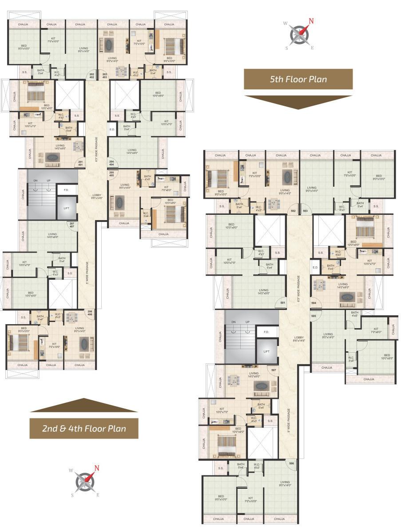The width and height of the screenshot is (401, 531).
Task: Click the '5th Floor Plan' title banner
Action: tap(298, 80)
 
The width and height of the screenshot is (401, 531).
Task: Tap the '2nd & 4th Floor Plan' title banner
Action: tap(84, 429)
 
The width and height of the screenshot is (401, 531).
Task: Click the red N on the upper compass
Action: tap(311, 21)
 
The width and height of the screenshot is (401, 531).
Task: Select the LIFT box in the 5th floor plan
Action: tap(266, 351)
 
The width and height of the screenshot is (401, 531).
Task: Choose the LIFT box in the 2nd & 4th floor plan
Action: tap(67, 208)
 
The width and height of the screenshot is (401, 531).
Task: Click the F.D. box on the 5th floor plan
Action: tap(266, 332)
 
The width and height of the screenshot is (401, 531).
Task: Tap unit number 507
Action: tap(274, 370)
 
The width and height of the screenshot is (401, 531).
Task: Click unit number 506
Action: tap(291, 463)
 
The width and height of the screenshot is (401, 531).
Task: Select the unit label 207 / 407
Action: tap(72, 225)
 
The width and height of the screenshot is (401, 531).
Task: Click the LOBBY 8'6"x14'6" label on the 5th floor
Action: tap(298, 338)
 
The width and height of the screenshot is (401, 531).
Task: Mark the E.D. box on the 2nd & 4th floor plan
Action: tap(112, 129)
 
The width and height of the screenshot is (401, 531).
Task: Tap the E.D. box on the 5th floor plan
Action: tap(315, 267)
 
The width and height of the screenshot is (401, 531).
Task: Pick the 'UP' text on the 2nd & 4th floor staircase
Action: tap(48, 180)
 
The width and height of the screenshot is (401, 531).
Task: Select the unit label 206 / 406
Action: tap(90, 313)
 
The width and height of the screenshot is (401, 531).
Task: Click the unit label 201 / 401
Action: tap(81, 163)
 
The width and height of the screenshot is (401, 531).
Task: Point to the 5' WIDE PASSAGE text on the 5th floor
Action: tap(288, 421)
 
